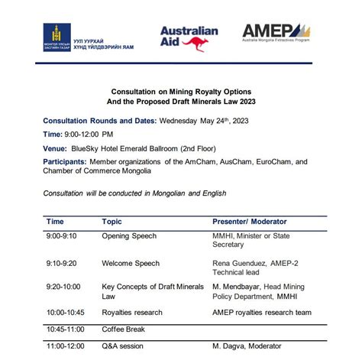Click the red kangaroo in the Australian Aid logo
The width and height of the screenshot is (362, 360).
click(x=198, y=44)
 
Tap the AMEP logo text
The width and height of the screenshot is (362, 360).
click(x=267, y=31)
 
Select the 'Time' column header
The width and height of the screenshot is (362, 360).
click(x=55, y=222)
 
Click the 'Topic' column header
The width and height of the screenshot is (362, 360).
click(x=112, y=222)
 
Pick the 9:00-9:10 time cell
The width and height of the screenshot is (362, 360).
click(x=62, y=237)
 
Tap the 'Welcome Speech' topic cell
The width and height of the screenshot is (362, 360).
click(x=131, y=264)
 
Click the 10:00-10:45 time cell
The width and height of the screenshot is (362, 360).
click(x=66, y=313)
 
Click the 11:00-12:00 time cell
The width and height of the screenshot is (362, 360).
click(x=66, y=345)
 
